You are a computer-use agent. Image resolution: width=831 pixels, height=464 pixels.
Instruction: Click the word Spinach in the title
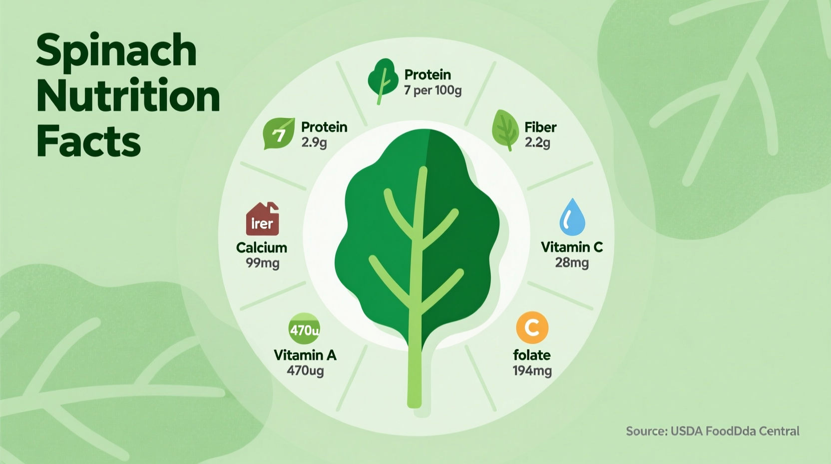pos(116,51)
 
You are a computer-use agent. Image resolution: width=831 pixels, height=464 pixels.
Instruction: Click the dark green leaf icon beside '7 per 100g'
pos(383,80)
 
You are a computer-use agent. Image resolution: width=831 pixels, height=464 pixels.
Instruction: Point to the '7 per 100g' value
pos(432,91)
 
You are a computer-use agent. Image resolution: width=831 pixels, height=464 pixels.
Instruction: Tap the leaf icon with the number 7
pos(279,133)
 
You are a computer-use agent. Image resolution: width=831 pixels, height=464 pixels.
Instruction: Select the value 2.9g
pos(314,142)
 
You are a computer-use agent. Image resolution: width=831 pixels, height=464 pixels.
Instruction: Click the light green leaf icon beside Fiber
pos(505,129)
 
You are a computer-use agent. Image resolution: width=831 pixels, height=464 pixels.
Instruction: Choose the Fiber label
pos(540,127)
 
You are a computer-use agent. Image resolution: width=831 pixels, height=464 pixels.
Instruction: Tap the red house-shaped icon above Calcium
pos(262,219)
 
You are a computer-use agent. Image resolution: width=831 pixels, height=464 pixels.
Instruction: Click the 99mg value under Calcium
pos(262,262)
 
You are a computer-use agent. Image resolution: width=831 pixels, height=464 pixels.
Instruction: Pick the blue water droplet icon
pos(572,217)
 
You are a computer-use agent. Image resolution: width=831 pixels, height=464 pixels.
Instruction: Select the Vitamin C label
pos(572,247)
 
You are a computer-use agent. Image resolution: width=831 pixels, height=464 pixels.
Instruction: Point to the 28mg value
pos(572,262)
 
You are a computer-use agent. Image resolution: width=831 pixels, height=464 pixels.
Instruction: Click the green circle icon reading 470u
pos(304,329)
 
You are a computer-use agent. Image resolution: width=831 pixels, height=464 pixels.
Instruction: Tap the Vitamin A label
pos(305,355)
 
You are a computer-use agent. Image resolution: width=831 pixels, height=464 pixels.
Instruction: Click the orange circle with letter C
pos(532,328)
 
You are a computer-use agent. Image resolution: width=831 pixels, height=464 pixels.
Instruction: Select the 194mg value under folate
pos(532,370)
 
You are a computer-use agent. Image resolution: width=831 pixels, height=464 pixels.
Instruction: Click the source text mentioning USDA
pos(713,431)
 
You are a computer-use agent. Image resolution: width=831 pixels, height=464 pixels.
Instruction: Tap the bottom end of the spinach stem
pos(415,402)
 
